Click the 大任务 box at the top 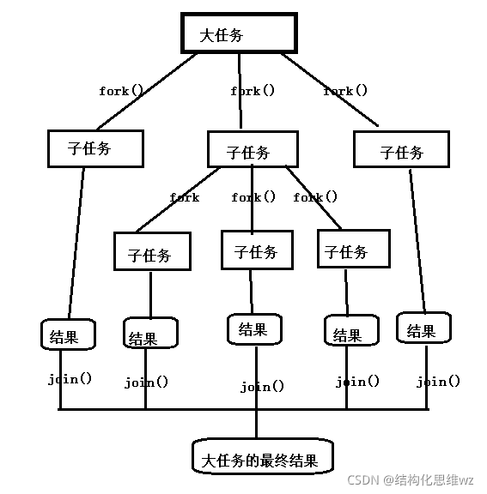tap(238, 33)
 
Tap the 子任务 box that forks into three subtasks tap(253, 150)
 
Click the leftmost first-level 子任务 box tap(94, 148)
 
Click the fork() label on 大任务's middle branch tap(253, 90)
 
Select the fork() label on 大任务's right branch tap(345, 90)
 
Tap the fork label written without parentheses tap(184, 197)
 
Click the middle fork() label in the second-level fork tap(253, 197)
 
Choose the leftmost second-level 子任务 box tap(152, 253)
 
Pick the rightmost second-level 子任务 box tap(352, 250)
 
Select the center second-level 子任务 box tap(256, 250)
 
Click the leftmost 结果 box tap(68, 335)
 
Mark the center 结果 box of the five tap(254, 328)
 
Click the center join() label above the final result tap(262, 387)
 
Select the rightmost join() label tap(438, 382)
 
